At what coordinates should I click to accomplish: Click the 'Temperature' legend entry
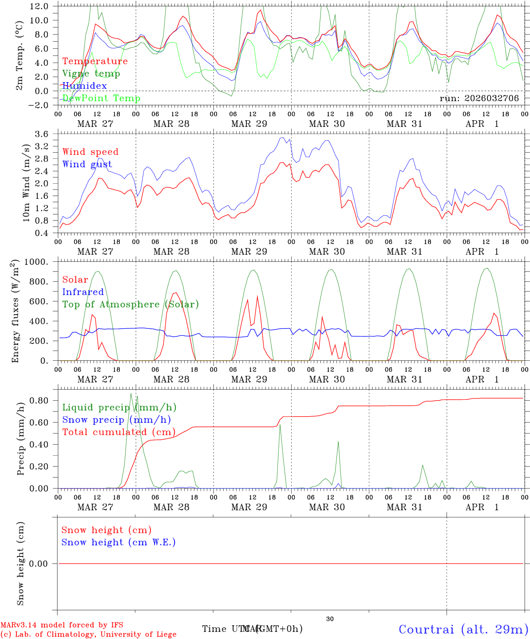tap(95, 61)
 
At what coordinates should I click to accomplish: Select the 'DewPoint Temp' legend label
tap(101, 98)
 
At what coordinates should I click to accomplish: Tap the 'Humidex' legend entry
tap(84, 86)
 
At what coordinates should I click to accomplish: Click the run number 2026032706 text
tap(479, 98)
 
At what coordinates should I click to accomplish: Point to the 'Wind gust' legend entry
tap(87, 164)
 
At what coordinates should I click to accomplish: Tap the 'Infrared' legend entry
tap(83, 292)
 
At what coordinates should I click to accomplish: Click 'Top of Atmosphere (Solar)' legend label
tap(130, 304)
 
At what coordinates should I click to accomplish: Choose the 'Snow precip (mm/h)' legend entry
tap(116, 420)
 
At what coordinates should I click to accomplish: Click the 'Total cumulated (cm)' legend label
tap(119, 432)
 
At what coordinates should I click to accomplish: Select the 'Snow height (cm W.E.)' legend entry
tap(119, 542)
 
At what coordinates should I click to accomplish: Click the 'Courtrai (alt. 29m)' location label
tap(463, 629)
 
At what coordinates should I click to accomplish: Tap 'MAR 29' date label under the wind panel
tap(249, 252)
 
